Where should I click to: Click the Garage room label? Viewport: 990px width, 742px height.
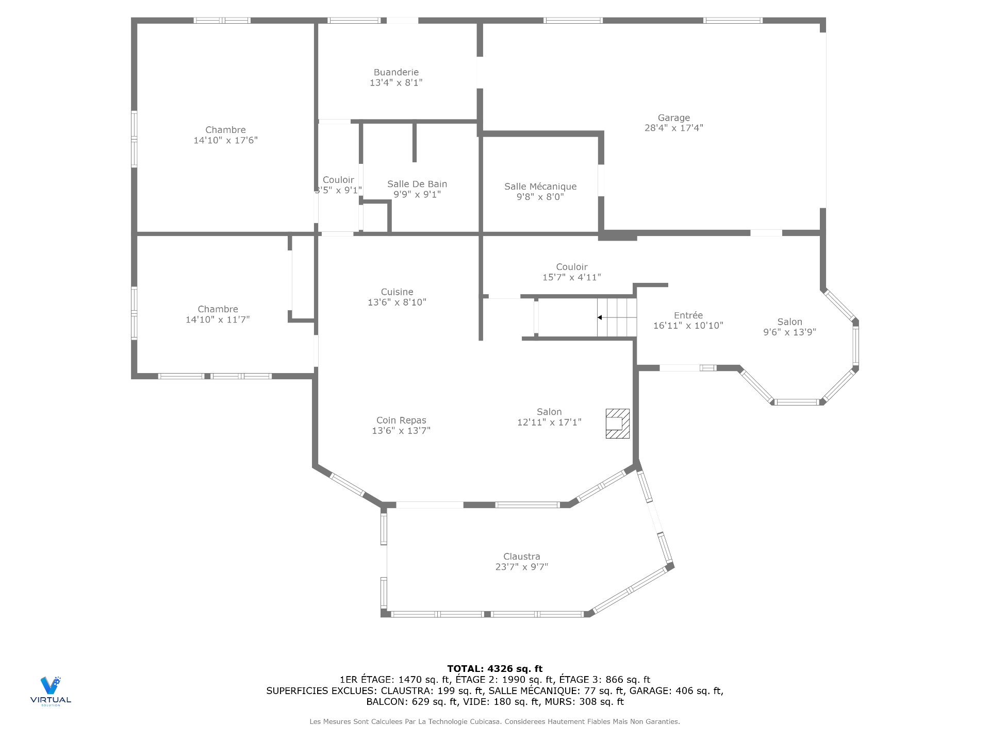pos(673,118)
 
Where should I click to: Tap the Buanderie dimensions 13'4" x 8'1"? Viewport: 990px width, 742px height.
pos(396,82)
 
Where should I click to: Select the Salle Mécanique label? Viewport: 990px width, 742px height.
pos(540,187)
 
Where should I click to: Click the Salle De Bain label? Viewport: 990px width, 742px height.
pos(417,184)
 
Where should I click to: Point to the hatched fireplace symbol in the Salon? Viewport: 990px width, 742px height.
pos(617,424)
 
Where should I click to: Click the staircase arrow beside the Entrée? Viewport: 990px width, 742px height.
pos(600,317)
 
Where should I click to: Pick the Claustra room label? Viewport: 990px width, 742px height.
pos(521,556)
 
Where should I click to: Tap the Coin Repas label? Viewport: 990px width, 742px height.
pos(401,420)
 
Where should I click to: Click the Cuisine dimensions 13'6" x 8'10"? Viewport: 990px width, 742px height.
pos(397,302)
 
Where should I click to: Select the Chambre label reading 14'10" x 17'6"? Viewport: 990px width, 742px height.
pos(225,130)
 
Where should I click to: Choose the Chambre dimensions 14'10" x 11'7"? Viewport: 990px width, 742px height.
pos(218,319)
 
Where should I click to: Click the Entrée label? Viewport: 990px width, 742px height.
pos(688,315)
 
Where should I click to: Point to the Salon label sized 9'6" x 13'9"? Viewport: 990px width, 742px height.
pos(789,322)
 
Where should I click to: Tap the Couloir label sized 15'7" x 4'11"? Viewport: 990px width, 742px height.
pos(571,267)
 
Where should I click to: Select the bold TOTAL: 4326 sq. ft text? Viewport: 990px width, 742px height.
pos(494,669)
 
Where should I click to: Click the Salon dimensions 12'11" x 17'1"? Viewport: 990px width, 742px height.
pos(549,422)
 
